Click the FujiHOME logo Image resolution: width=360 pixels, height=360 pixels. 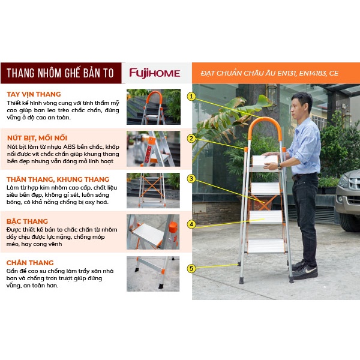[155, 73]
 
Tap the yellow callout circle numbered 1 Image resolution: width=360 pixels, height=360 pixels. [191, 97]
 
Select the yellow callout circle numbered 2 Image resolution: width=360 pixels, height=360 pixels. [191, 139]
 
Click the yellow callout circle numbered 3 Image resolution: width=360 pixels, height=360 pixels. [191, 179]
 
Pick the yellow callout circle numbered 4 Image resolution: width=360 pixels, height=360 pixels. [191, 224]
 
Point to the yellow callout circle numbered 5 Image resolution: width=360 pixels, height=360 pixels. [191, 268]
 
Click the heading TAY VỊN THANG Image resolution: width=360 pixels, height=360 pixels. [34, 94]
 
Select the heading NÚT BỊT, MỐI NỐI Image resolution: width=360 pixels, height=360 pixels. [37, 138]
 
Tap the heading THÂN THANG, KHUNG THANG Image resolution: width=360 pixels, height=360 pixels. [58, 179]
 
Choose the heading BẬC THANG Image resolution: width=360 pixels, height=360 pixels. [27, 221]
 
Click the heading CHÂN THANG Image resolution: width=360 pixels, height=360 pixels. [30, 263]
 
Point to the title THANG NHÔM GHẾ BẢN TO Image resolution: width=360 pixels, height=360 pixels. [60, 73]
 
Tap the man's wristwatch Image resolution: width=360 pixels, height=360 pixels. [280, 166]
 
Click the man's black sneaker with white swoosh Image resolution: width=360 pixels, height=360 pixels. [305, 272]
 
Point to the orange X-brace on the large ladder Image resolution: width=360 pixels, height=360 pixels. [266, 203]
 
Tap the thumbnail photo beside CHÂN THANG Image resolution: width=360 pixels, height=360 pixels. [153, 274]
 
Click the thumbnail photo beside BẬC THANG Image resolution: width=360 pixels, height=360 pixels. [153, 232]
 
